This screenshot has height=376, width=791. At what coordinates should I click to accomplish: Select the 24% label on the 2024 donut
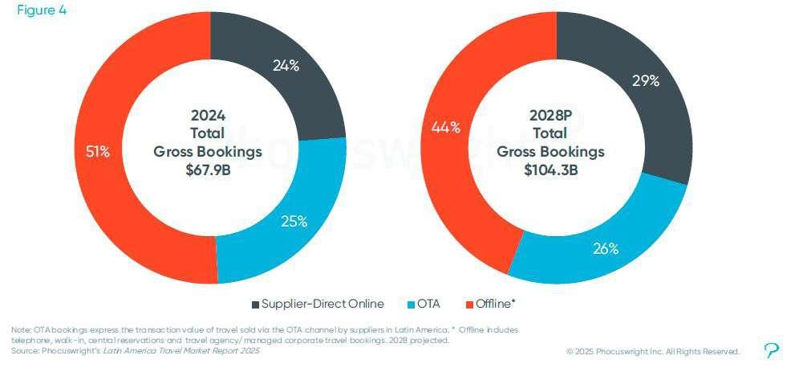coord(286,66)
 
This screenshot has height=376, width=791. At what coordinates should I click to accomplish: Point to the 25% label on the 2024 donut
coord(294,222)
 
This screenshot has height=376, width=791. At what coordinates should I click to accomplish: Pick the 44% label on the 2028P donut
coord(445,127)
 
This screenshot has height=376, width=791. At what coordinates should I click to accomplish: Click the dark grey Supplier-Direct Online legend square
coord(255,304)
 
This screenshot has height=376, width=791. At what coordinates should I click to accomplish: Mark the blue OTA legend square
coord(411,304)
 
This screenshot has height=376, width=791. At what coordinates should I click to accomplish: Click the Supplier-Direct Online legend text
coord(323,304)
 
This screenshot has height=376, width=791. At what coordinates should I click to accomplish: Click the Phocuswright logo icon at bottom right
coord(772,350)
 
